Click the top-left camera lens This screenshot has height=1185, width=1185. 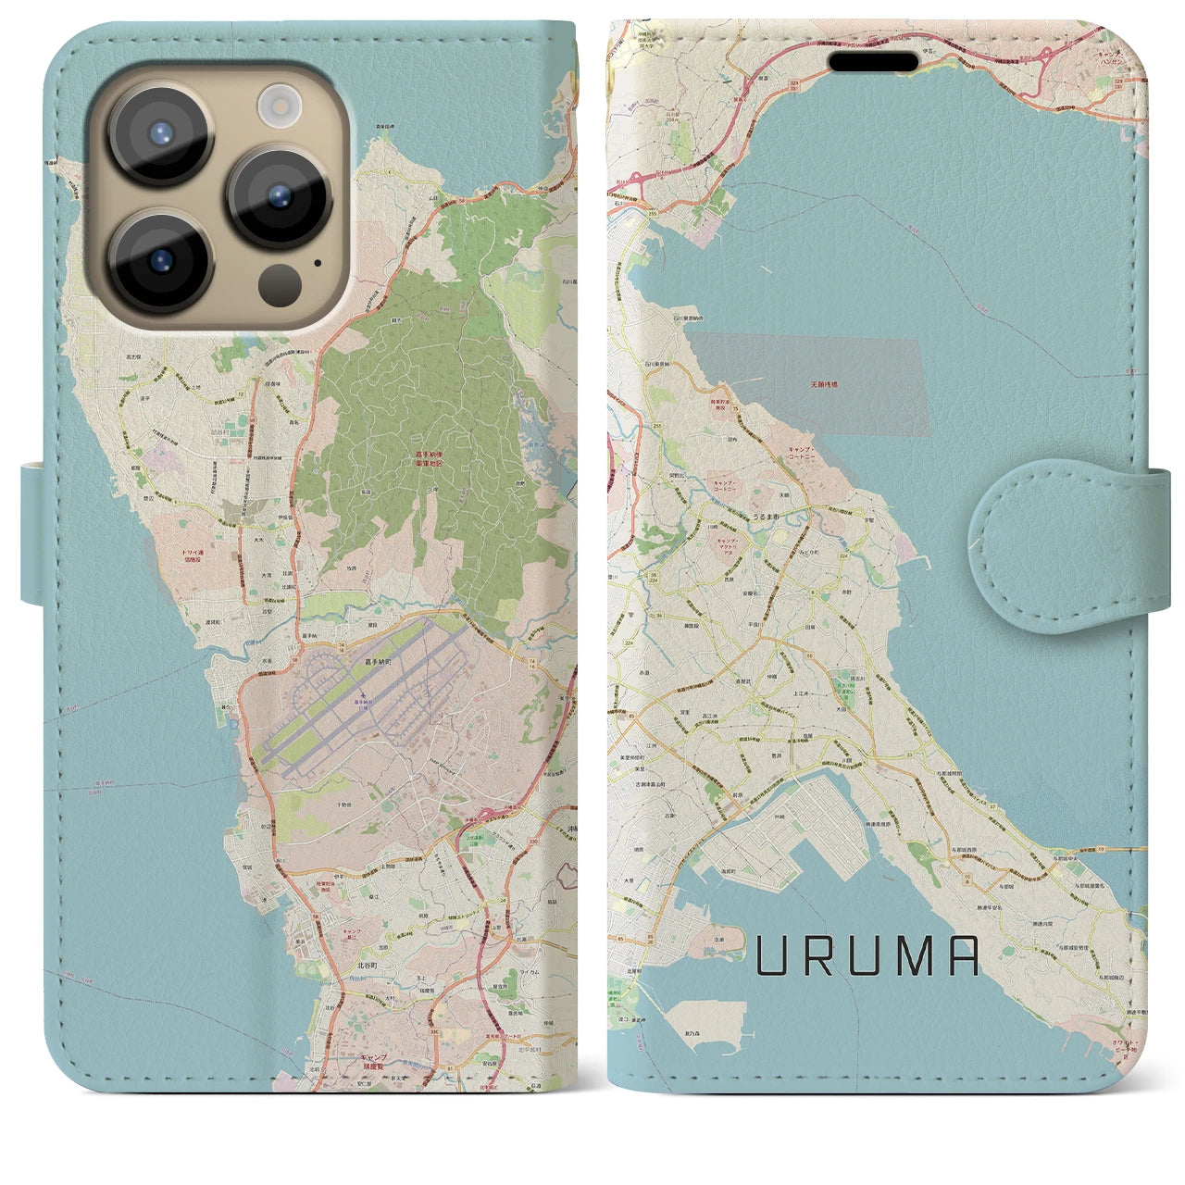(161, 131)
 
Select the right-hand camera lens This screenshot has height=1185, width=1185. (279, 195)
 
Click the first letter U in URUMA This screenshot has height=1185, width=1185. (773, 956)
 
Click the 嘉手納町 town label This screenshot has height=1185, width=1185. (378, 664)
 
